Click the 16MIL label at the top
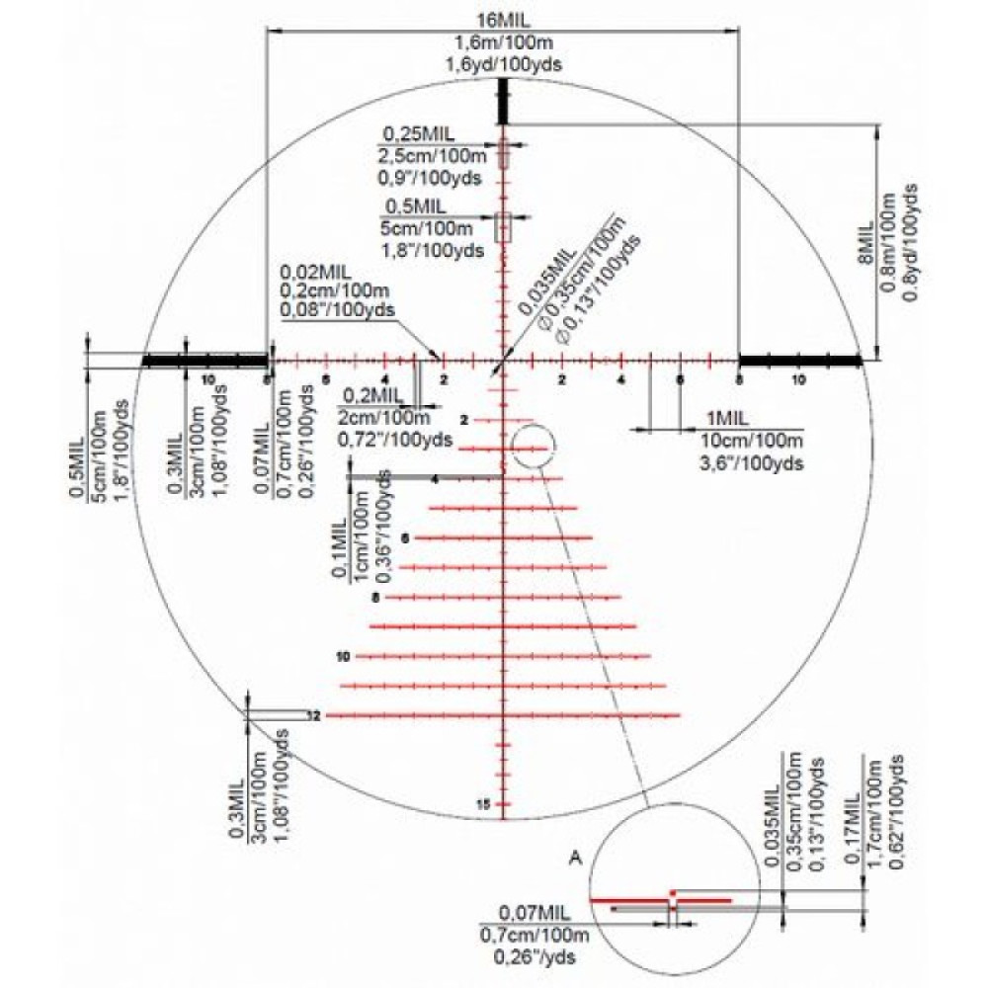[504, 22]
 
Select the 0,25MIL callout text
[413, 134]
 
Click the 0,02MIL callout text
[315, 271]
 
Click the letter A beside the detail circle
[574, 859]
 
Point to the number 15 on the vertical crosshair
[483, 804]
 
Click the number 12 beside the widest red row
[314, 714]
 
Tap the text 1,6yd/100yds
[504, 63]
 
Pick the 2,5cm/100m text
[432, 156]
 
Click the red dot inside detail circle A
[672, 892]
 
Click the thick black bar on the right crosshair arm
[801, 360]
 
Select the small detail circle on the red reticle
[530, 445]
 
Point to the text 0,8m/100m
[891, 243]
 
